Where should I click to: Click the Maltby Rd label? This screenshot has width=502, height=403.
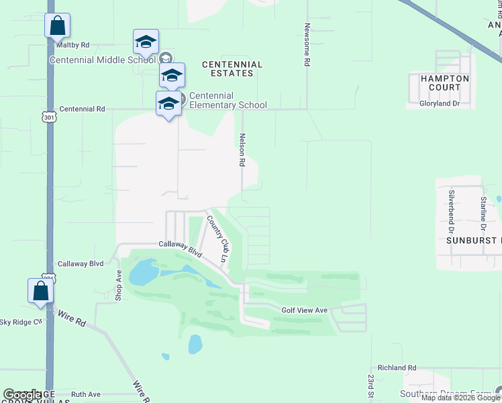click(x=72, y=45)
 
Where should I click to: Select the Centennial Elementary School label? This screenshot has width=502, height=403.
click(x=228, y=100)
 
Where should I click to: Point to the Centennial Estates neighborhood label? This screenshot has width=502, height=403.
click(x=232, y=69)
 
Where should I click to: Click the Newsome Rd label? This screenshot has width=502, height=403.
click(x=307, y=45)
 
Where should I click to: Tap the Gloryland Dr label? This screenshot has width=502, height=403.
click(x=440, y=103)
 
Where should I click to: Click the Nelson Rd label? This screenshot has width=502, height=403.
click(x=242, y=149)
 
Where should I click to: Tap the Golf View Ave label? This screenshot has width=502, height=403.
click(x=304, y=310)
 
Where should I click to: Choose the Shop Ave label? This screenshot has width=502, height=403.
click(x=119, y=285)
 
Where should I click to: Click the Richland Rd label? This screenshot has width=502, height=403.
click(x=397, y=368)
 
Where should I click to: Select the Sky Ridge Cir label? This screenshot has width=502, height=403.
click(x=21, y=322)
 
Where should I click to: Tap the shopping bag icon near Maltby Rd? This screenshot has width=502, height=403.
click(x=58, y=27)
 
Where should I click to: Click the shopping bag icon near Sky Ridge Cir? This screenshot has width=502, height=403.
click(x=40, y=292)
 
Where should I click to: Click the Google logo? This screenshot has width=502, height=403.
click(x=23, y=396)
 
